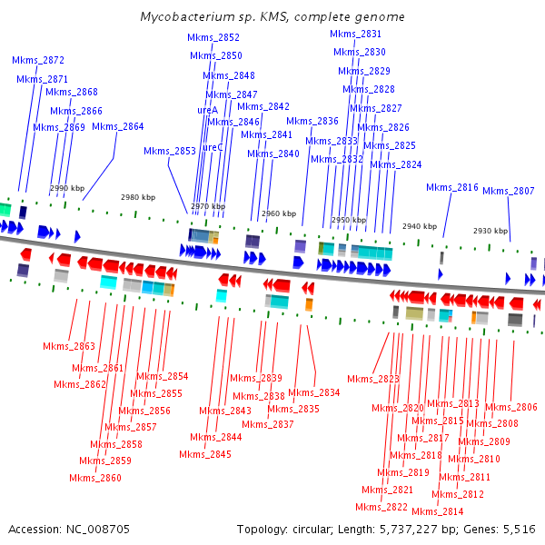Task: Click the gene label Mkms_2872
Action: [x=38, y=60]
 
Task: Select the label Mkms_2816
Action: [x=452, y=187]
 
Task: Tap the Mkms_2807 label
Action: [x=508, y=191]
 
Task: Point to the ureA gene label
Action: [x=207, y=110]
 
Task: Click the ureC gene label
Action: [x=213, y=147]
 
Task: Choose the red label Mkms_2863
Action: [x=69, y=346]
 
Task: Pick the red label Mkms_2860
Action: [x=94, y=478]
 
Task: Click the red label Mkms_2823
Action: [x=372, y=379]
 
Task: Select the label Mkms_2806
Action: [x=511, y=407]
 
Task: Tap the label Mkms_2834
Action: [x=314, y=392]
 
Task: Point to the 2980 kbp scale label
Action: [x=140, y=197]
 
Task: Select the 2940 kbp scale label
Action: [x=419, y=226]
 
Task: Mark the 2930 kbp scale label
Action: [x=490, y=231]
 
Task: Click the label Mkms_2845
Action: [x=204, y=454]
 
